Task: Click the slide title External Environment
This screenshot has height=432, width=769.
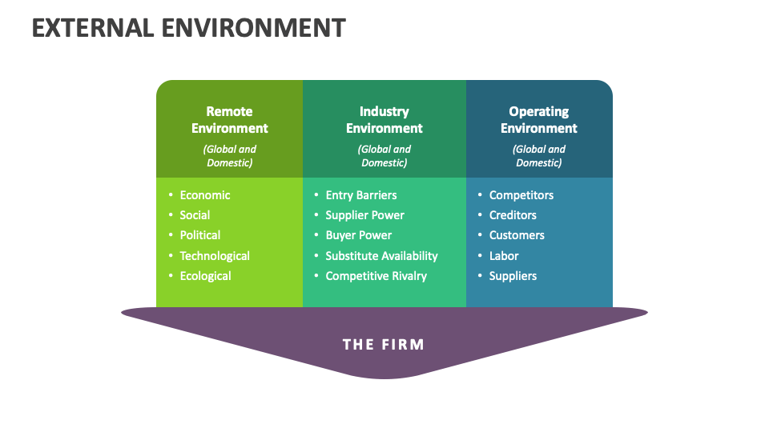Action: coord(189,28)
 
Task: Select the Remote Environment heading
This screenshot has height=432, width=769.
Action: coord(229,120)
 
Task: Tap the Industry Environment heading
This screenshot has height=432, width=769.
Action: coord(384,120)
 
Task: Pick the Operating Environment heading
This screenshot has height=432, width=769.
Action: coord(538,120)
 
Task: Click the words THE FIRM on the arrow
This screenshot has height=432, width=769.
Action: coord(384,345)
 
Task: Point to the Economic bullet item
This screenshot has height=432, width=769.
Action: coord(205,195)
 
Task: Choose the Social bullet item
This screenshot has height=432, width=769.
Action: coord(195,215)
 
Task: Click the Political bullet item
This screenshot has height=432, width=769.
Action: coord(200,235)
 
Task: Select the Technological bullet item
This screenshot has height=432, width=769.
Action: coord(215,256)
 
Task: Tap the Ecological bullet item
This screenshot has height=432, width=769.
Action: coord(205,276)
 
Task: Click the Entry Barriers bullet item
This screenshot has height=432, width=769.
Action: coord(360,195)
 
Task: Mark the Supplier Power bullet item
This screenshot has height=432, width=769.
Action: coord(364,215)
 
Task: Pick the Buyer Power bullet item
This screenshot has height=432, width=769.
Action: coord(358,235)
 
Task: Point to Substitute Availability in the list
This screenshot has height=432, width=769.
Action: coord(381,256)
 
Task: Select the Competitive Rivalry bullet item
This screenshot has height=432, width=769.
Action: coord(376,276)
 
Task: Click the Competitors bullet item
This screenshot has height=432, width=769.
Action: coord(521,195)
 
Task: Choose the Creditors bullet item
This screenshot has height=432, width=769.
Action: coord(513,215)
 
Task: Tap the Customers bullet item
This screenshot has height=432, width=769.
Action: coord(517,235)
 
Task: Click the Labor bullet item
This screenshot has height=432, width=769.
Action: coord(504,256)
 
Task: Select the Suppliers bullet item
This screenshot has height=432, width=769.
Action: coord(513,276)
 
